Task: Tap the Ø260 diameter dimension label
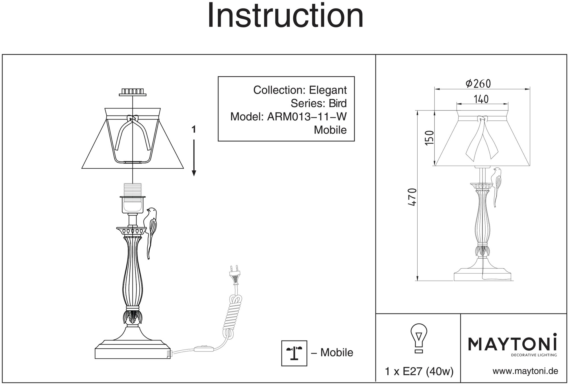[478, 83]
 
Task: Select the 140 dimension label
[481, 99]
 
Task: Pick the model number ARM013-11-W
[307, 116]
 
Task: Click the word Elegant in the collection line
[328, 90]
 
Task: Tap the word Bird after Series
[338, 103]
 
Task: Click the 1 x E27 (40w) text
[419, 371]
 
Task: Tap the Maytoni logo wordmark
[512, 344]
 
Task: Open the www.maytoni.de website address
[525, 371]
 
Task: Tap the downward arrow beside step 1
[194, 158]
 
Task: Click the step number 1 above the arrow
[194, 130]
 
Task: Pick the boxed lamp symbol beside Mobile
[294, 353]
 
